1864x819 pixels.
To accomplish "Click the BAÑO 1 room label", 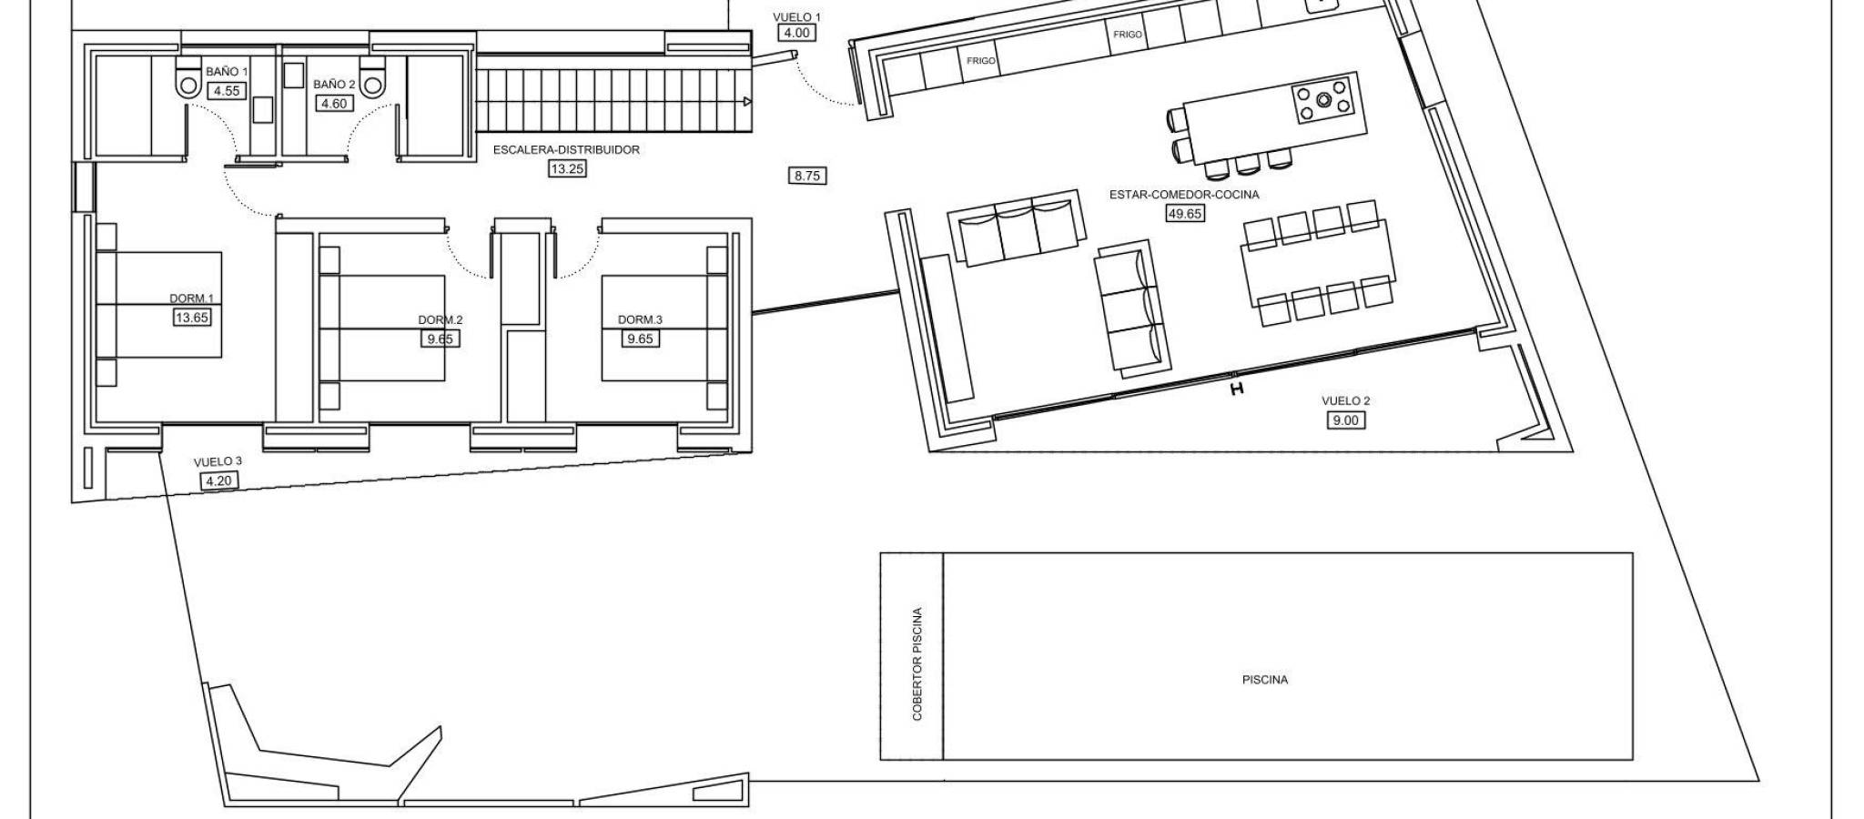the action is [226, 71].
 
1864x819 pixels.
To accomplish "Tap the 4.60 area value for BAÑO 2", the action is [334, 104].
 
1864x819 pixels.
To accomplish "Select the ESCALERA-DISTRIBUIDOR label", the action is [566, 150].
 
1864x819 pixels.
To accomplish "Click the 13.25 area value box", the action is [566, 168].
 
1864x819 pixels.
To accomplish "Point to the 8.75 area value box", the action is [807, 177].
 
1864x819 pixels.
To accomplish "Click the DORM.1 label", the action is [191, 298].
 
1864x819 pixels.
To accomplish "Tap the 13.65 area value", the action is [191, 318].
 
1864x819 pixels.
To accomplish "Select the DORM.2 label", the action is [441, 319].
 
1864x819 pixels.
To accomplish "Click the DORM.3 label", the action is [640, 319].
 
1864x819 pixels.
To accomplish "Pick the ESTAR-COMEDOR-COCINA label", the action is [1184, 195].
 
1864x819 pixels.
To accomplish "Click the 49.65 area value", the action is [1184, 214].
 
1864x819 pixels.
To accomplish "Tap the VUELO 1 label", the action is [796, 17].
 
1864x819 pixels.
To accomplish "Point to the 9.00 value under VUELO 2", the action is [1345, 420].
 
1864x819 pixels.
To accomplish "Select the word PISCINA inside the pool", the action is [1265, 680].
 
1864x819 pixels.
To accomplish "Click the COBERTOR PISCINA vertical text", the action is [917, 664].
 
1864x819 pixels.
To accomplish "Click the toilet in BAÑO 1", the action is [188, 81].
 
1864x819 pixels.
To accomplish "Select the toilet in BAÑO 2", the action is [373, 81].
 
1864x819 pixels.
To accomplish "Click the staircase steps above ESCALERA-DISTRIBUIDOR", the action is [616, 101].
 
